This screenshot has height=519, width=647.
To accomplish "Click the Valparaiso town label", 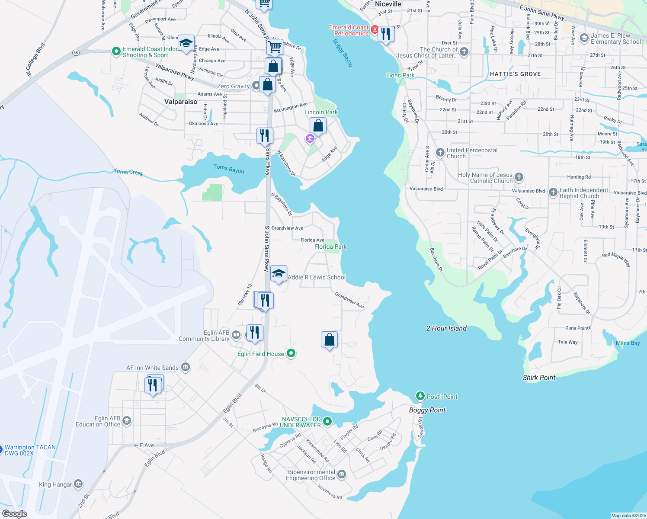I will click(181, 102).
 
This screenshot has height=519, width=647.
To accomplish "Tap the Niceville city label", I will click(388, 4).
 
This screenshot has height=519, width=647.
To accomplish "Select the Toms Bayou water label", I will click(229, 169).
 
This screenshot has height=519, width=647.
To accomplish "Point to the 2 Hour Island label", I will click(446, 328).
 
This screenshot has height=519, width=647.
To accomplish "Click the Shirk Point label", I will click(539, 378).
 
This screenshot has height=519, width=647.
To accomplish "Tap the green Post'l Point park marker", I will click(420, 396).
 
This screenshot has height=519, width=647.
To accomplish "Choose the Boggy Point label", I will click(427, 410).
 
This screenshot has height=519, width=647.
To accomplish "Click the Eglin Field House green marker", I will click(291, 353).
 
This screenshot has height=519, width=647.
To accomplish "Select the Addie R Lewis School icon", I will click(279, 274).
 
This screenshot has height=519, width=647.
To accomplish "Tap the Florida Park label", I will click(330, 247).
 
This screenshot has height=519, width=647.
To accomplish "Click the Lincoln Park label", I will click(321, 112).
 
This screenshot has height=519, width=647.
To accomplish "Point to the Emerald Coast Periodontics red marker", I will click(375, 30).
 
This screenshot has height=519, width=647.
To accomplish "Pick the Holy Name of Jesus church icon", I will click(519, 177).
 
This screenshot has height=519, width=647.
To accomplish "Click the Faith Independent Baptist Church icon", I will click(553, 192).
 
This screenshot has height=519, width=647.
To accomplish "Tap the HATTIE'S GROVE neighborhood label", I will click(515, 74).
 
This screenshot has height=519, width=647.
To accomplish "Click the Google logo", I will click(15, 514).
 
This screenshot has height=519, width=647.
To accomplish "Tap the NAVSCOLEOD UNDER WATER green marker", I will click(327, 421).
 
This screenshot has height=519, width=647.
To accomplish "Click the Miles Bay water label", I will click(628, 343).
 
